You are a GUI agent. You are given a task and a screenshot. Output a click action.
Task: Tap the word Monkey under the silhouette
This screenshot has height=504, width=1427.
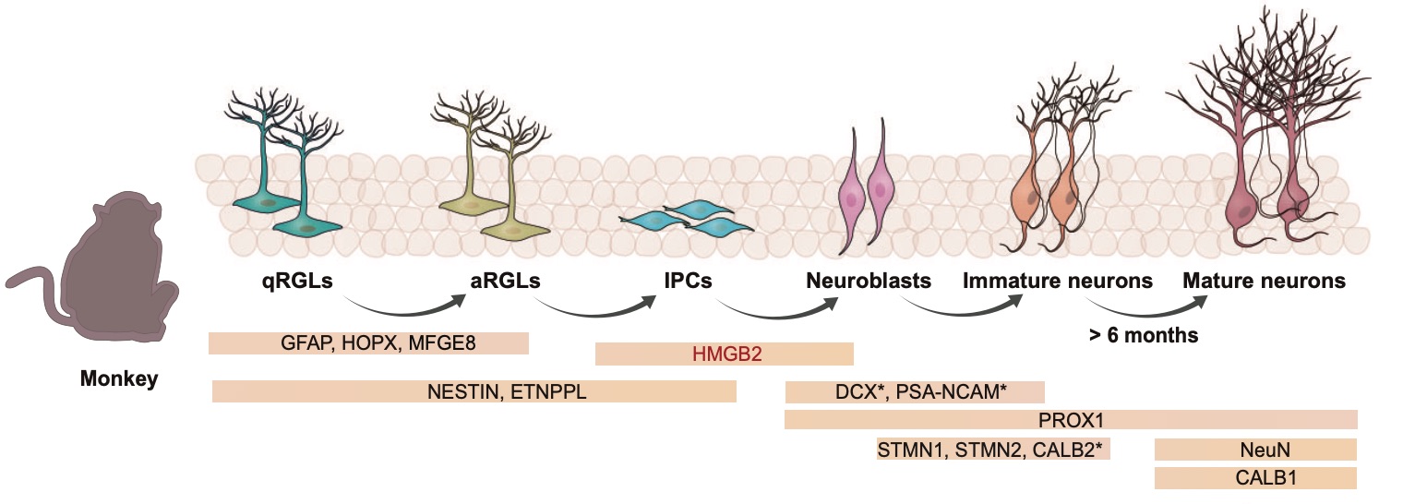tap(119, 378)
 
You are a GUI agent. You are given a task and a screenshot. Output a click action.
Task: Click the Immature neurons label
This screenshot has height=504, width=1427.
tap(1058, 281)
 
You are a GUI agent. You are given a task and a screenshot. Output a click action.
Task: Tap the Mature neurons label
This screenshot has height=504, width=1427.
tap(1264, 281)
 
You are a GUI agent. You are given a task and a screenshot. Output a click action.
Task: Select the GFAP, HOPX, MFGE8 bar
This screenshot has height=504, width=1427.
tap(368, 342)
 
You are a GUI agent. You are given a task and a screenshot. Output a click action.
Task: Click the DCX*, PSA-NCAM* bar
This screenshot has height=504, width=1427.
tap(914, 392)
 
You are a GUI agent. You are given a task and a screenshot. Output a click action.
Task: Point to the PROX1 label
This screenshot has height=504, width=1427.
tap(1071, 421)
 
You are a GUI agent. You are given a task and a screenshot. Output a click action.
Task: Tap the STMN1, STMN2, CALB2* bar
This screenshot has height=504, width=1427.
tap(995, 450)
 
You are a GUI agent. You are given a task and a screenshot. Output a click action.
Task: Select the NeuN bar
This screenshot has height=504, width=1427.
tap(1255, 450)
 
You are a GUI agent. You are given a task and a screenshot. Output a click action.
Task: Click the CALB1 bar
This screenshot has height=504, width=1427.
tap(1255, 478)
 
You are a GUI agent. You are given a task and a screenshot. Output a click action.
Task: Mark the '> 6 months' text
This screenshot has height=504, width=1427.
tap(1144, 336)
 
